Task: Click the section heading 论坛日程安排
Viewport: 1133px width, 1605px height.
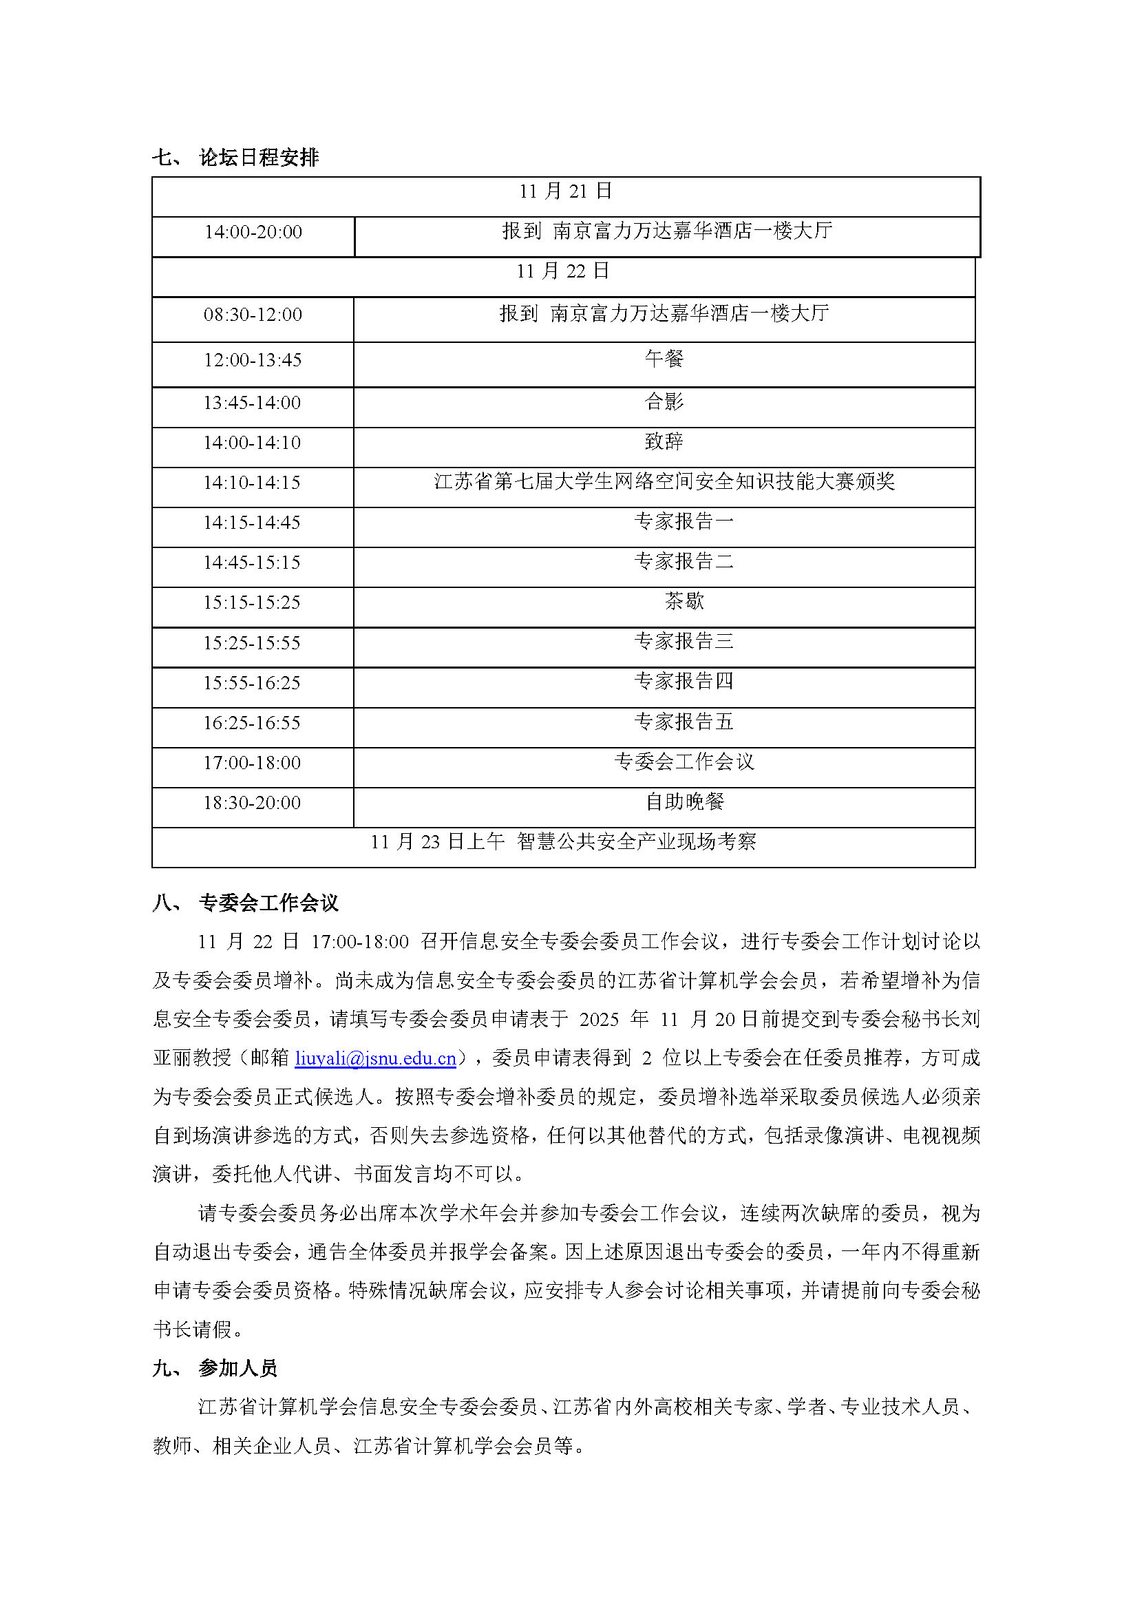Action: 258,157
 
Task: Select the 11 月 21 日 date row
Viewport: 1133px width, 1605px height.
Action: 565,191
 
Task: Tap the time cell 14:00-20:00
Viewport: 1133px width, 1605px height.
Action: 253,232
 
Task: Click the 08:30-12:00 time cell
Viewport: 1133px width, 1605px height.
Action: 253,315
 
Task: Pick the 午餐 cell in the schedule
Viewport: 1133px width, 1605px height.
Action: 664,359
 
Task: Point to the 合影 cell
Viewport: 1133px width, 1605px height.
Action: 664,401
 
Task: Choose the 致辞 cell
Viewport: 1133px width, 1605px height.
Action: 664,441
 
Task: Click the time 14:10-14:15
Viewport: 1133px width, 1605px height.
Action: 252,483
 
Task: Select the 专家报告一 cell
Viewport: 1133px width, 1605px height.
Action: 684,521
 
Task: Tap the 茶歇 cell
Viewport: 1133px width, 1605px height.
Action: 684,601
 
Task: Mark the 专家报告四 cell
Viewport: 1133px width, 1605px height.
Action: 684,681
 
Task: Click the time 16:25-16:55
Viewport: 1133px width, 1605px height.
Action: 252,723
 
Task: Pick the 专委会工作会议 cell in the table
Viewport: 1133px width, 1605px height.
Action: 684,762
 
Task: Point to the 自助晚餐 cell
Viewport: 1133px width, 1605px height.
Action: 684,801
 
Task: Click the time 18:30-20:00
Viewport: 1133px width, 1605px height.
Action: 252,803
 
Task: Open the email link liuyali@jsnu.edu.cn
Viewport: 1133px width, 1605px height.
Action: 375,1058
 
